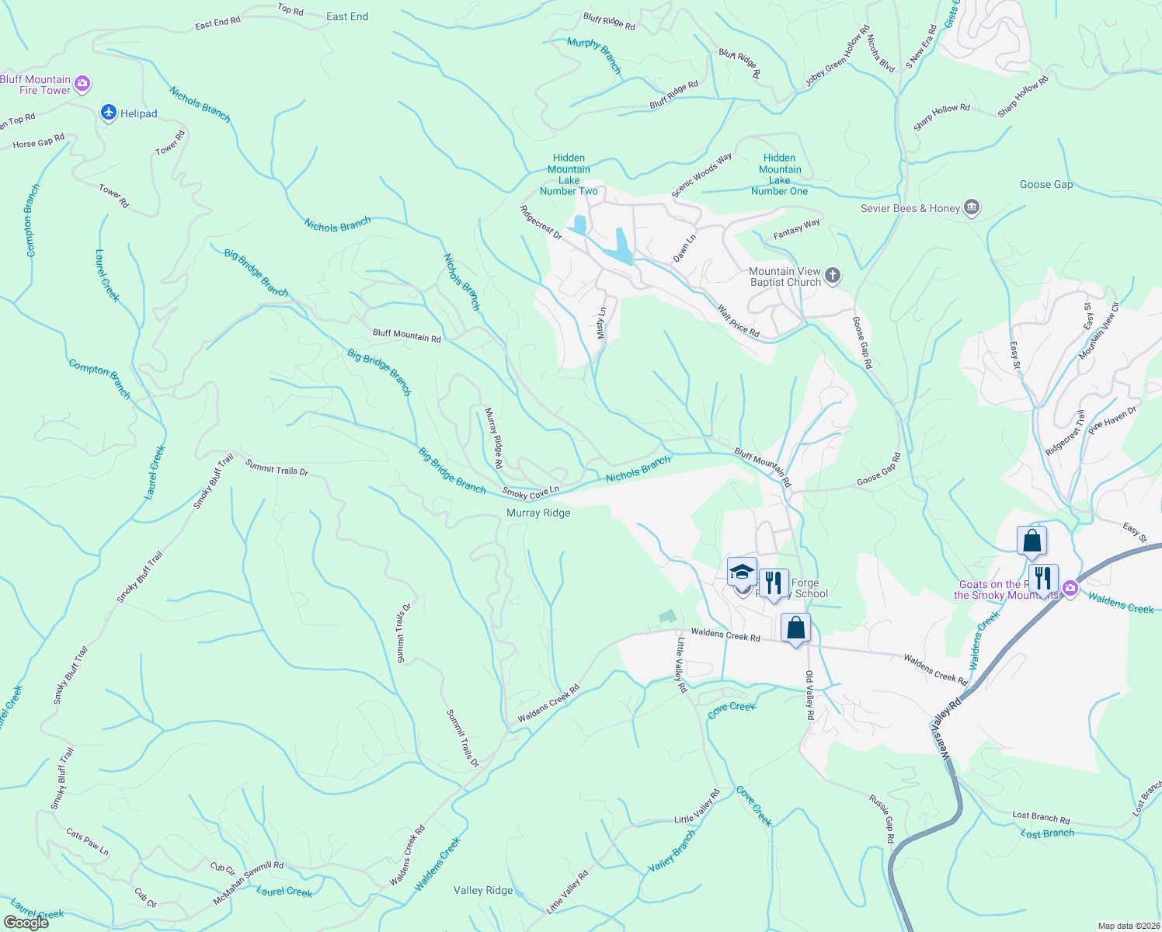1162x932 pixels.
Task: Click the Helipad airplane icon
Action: click(x=110, y=113)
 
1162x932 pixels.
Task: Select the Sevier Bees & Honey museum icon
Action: click(x=971, y=208)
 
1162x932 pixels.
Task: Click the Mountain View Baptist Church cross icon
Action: click(x=832, y=276)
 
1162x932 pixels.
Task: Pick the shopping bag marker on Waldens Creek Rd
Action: click(x=795, y=628)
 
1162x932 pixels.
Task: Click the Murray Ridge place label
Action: click(x=538, y=513)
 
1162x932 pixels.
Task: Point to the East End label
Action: click(x=347, y=16)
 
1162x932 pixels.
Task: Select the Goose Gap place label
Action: click(x=1045, y=184)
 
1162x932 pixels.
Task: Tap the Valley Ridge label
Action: click(x=483, y=890)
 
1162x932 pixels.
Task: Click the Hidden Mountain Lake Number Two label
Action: click(x=569, y=175)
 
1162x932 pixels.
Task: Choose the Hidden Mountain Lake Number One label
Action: click(x=779, y=175)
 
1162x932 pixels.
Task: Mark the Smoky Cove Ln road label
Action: click(x=531, y=492)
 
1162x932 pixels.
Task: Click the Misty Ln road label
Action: click(x=601, y=322)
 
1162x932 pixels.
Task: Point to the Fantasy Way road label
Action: click(x=797, y=228)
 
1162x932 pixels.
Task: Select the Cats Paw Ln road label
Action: click(x=88, y=843)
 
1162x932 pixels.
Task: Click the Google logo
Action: click(x=26, y=923)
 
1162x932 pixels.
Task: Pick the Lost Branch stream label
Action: click(x=1047, y=833)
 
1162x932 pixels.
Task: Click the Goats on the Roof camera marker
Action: click(x=1070, y=589)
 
